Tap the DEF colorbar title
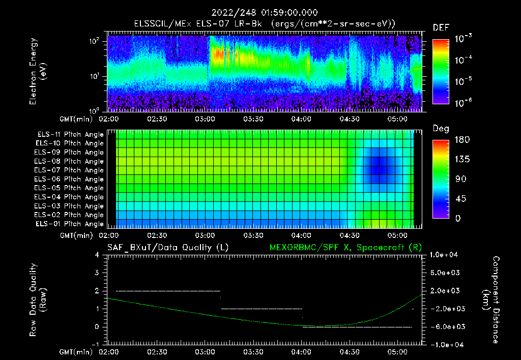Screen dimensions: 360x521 (x=441, y=27)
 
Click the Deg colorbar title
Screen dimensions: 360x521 (x=441, y=129)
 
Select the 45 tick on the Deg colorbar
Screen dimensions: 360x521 (x=458, y=199)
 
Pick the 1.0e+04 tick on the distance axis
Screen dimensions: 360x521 (x=445, y=255)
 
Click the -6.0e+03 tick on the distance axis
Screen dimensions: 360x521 (x=445, y=326)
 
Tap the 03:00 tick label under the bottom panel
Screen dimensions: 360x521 (x=205, y=352)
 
